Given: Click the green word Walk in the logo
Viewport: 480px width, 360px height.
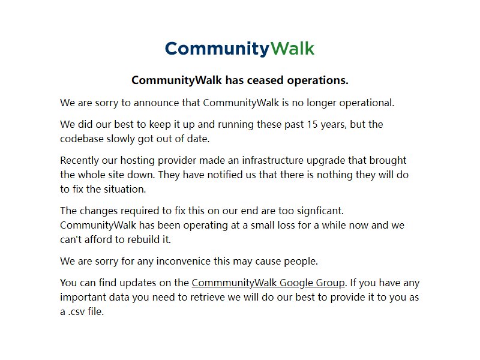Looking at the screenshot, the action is (x=293, y=49).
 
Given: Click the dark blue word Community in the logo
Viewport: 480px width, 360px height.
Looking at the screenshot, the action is (x=217, y=49).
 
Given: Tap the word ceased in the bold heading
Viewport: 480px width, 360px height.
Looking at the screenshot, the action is (x=265, y=80).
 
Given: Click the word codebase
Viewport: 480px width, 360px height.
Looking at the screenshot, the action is (x=82, y=139).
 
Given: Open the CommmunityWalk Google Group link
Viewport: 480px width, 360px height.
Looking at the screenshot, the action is (x=268, y=283).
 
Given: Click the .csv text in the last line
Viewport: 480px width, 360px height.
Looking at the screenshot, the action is (x=77, y=312).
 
